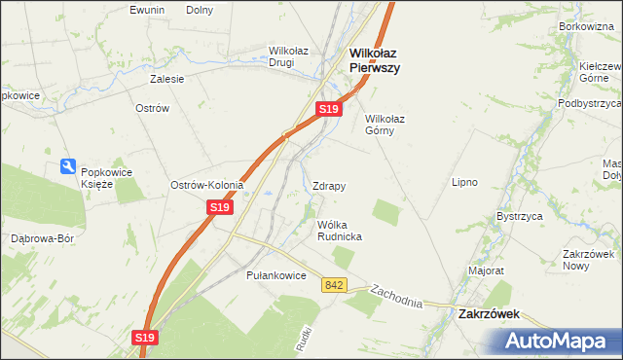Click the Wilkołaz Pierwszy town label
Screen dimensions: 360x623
click(x=375, y=61)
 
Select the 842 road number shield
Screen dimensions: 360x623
click(x=335, y=285)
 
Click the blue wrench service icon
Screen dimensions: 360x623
click(x=68, y=167)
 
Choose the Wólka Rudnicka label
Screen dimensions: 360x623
click(x=340, y=231)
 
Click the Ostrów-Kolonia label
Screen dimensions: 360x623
click(x=206, y=185)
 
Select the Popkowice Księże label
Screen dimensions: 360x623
click(x=107, y=178)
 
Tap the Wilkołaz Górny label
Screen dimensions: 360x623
click(x=385, y=125)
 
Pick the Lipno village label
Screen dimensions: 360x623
click(x=463, y=182)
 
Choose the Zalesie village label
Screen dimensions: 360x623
click(x=165, y=80)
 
